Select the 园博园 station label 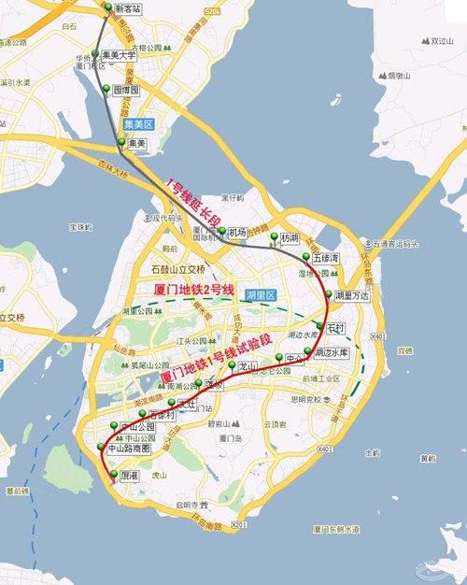pos(125,91)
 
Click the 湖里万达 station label pos(352,295)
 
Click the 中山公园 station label pos(138,426)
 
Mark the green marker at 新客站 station pos(107,7)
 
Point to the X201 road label pos(239,524)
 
